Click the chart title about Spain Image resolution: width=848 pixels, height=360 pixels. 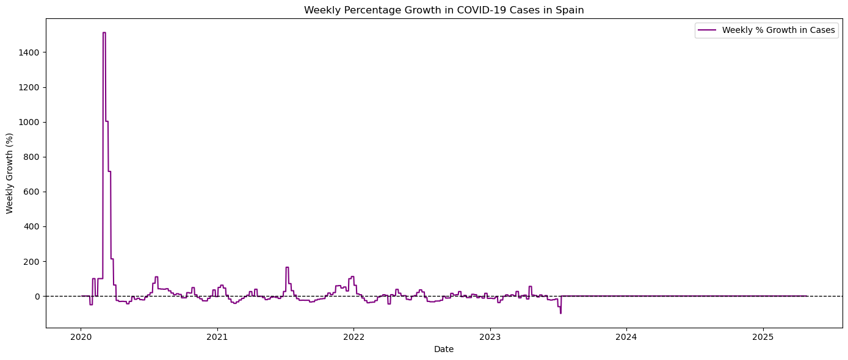(444, 10)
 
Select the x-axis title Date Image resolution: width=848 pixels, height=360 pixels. (444, 350)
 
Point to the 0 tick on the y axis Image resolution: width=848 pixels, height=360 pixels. (37, 296)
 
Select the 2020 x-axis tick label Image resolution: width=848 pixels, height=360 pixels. (81, 336)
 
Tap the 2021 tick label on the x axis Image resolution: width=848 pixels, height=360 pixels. (217, 336)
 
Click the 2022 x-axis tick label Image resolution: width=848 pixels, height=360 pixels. (353, 336)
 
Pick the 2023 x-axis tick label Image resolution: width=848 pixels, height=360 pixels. (490, 336)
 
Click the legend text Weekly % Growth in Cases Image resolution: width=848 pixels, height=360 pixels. (778, 31)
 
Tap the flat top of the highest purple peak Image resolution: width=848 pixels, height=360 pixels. (104, 33)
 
